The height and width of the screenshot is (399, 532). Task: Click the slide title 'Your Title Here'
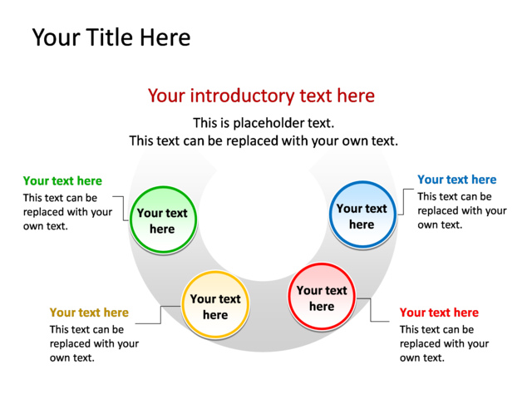coord(111,37)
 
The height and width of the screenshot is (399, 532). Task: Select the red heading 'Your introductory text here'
coord(261,96)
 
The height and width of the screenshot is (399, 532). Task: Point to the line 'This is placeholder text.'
coord(264,122)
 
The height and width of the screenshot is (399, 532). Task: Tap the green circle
coord(162,220)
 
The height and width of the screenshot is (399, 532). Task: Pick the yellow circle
coord(215,306)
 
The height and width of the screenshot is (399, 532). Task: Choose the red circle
coord(322,298)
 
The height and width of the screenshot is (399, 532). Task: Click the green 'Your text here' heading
coord(62,180)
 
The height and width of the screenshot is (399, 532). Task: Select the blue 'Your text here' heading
coord(456,180)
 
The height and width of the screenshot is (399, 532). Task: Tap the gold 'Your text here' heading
coord(89,313)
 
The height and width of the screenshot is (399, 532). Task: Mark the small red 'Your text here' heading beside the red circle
coord(439,313)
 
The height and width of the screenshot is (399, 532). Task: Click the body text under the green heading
coord(67,212)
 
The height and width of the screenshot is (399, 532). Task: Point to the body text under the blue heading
coord(461,210)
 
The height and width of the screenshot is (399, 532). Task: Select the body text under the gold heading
coord(94,343)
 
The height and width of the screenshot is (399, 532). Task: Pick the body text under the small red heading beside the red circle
coord(444,343)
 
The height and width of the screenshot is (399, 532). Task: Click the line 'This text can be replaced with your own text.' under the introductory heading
coord(264,141)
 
